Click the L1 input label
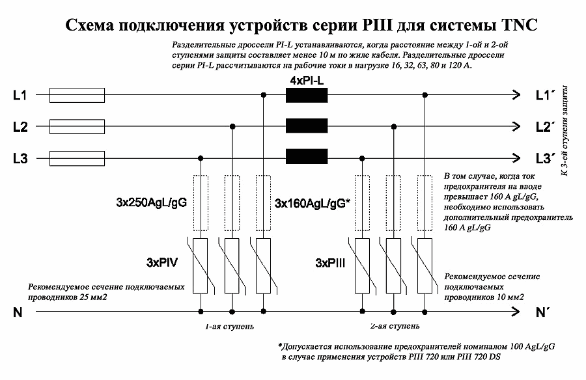tap(20, 96)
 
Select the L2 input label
tap(20, 127)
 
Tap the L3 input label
tap(20, 157)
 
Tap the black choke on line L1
tap(307, 96)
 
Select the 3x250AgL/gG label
tap(148, 203)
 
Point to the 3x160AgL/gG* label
tap(313, 203)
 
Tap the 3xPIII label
tap(331, 264)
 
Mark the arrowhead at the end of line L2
tap(517, 127)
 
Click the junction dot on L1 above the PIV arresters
tap(263, 96)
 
